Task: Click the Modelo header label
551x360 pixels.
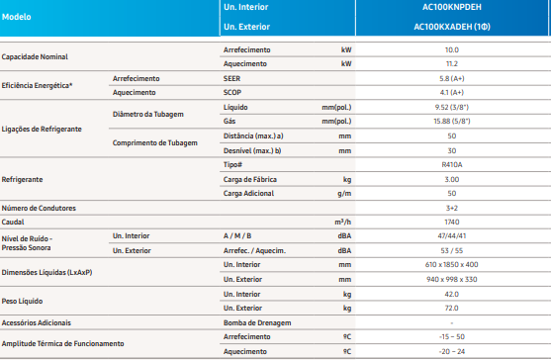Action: (16, 17)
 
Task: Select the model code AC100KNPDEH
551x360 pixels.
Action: (451, 7)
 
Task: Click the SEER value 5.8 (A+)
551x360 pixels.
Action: (451, 79)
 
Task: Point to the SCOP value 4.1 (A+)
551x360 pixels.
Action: (451, 92)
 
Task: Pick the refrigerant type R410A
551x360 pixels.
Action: (451, 165)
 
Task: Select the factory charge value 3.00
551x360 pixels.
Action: (451, 179)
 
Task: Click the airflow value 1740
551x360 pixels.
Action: (451, 222)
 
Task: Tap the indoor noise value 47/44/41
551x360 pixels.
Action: (451, 236)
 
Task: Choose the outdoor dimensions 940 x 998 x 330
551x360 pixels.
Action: (451, 280)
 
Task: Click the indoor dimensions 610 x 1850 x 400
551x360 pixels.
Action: (451, 265)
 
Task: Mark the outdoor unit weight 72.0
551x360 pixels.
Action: (451, 308)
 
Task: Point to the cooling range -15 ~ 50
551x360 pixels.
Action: (451, 337)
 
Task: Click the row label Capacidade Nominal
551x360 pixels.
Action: (35, 57)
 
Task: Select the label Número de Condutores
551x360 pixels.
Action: (39, 209)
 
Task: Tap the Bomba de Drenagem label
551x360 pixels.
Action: (257, 323)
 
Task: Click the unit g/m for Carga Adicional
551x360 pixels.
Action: (344, 194)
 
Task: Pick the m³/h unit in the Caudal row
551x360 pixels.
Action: (343, 222)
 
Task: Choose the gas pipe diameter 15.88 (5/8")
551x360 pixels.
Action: (451, 122)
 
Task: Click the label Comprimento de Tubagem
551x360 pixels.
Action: (155, 143)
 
